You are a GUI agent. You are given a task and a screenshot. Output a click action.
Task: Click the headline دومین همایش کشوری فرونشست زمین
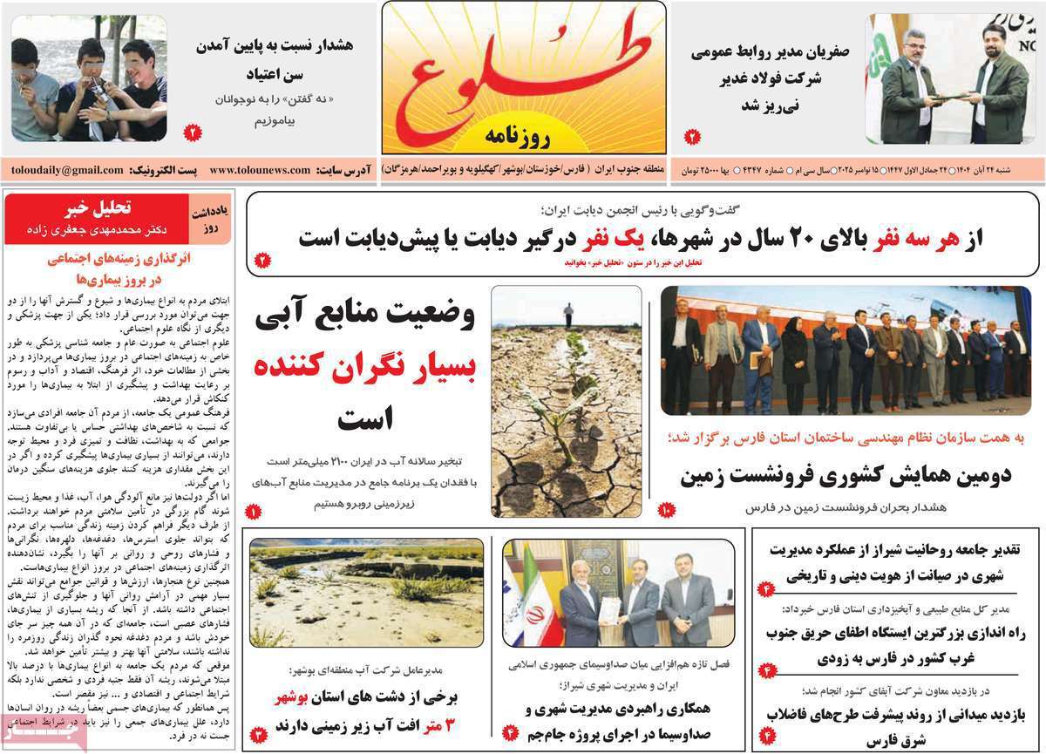tap(846, 476)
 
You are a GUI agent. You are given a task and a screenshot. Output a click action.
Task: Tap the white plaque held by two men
tap(610, 609)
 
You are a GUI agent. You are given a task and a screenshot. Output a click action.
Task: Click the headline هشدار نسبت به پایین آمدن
tap(276, 44)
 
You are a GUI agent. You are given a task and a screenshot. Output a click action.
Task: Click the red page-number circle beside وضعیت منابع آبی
tap(253, 512)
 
